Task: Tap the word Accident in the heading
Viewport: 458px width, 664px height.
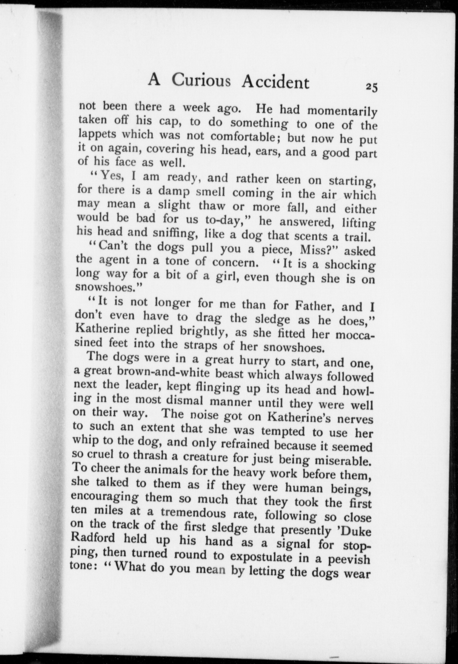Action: (x=275, y=82)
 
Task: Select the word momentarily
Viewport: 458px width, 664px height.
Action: (x=342, y=111)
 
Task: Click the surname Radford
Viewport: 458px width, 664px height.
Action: (x=94, y=539)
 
